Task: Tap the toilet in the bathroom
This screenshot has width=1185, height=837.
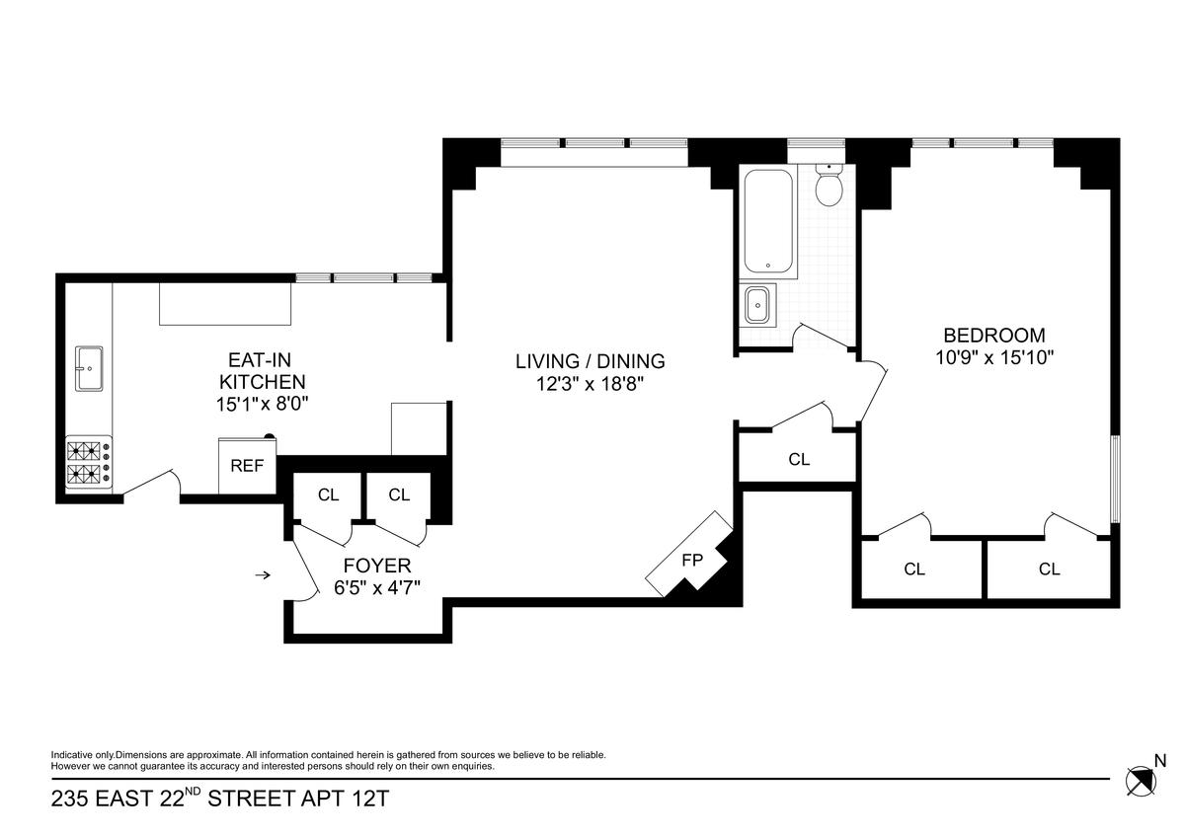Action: pyautogui.click(x=829, y=185)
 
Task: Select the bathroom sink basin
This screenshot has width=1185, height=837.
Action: pyautogui.click(x=759, y=305)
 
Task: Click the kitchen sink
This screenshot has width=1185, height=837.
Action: pyautogui.click(x=89, y=368)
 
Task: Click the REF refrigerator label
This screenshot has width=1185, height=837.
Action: pyautogui.click(x=247, y=466)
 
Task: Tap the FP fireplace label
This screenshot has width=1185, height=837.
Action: pyautogui.click(x=692, y=560)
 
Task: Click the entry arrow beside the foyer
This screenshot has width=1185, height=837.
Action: pyautogui.click(x=263, y=574)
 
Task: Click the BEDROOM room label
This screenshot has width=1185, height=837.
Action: pyautogui.click(x=994, y=336)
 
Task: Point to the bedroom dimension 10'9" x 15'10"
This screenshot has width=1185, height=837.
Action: pyautogui.click(x=994, y=358)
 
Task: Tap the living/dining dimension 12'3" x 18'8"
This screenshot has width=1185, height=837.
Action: pyautogui.click(x=590, y=384)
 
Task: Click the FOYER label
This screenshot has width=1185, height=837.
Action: pyautogui.click(x=377, y=566)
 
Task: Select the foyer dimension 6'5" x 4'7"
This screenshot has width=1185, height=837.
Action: pyautogui.click(x=377, y=588)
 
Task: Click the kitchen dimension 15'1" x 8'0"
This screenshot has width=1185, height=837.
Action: pyautogui.click(x=262, y=405)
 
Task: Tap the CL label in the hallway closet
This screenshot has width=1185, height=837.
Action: pyautogui.click(x=799, y=459)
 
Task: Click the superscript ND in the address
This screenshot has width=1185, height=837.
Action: pyautogui.click(x=194, y=791)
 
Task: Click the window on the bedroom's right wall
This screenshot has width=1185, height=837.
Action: pyautogui.click(x=1115, y=479)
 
